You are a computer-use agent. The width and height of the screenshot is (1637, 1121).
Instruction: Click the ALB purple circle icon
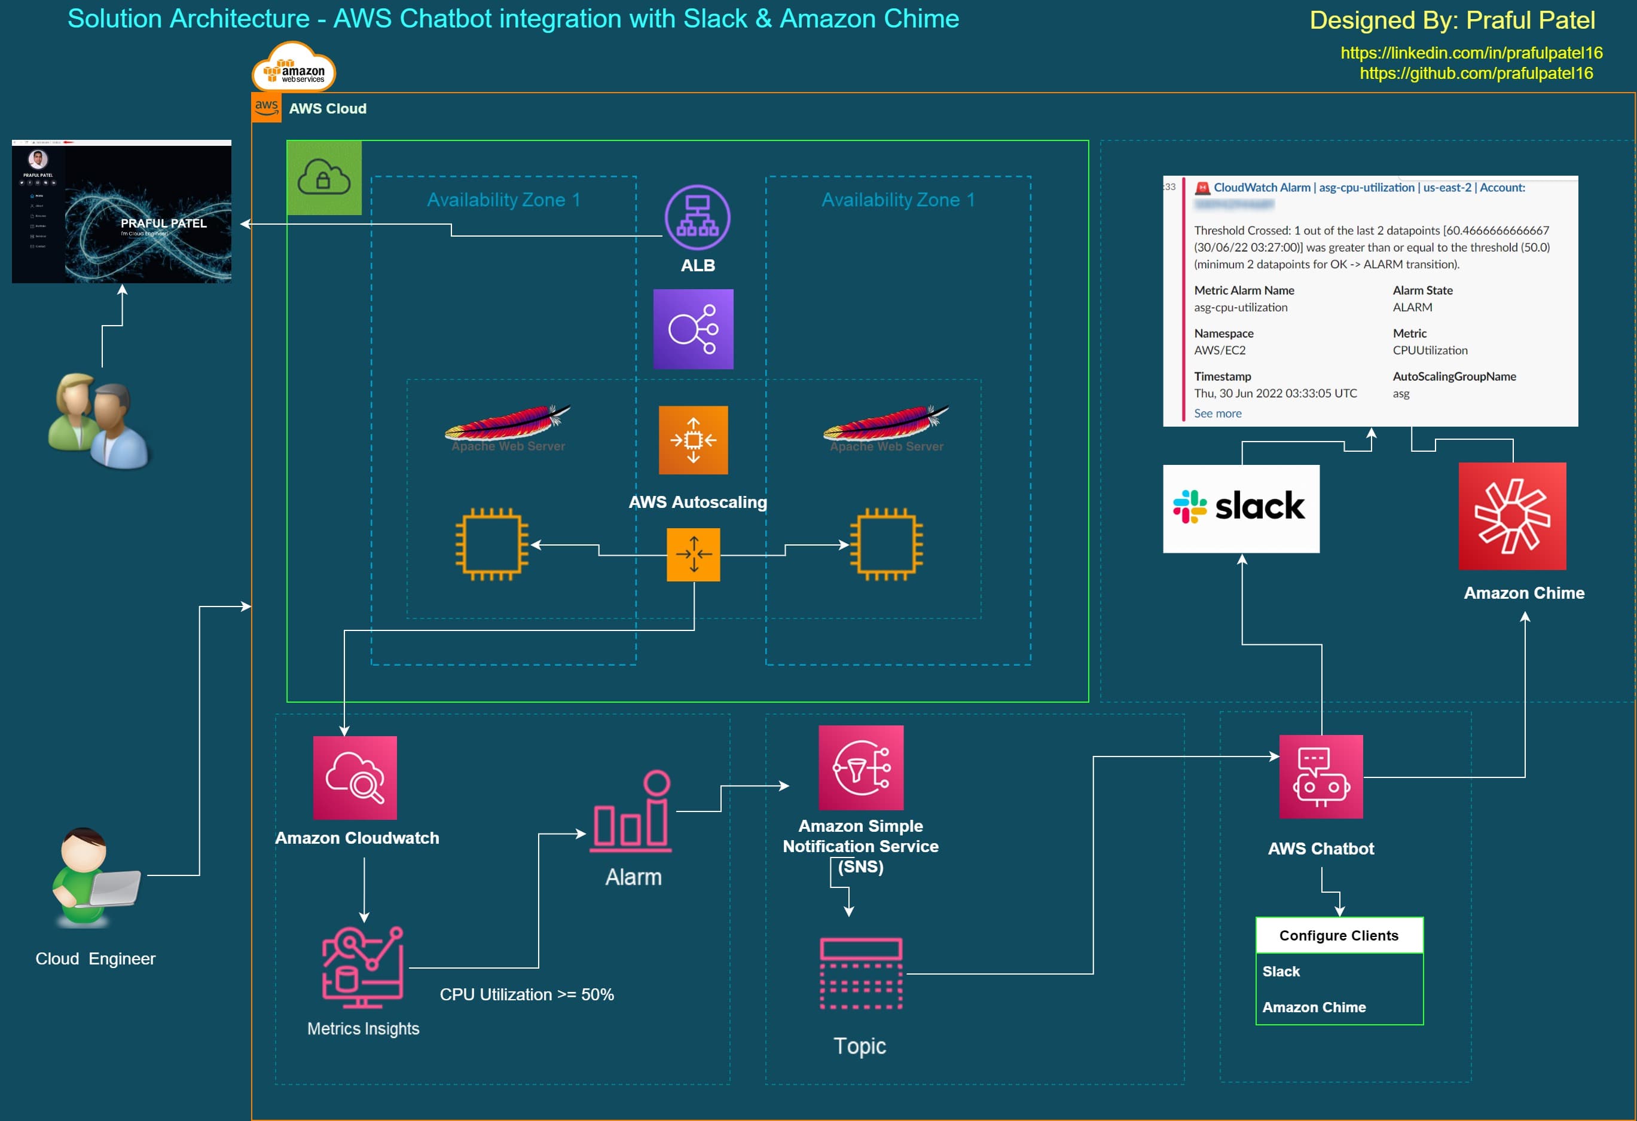point(697,218)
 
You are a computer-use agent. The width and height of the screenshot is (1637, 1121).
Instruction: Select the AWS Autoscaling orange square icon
point(693,440)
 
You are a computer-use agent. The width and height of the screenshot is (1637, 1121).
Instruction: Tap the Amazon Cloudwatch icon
point(355,777)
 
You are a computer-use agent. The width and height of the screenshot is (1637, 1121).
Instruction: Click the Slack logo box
point(1241,509)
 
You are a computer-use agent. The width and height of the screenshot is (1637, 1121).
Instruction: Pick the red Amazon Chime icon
point(1512,516)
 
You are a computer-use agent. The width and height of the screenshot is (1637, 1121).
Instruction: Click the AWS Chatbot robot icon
point(1321,777)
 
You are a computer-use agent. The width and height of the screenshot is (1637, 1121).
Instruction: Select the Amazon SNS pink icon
point(861,767)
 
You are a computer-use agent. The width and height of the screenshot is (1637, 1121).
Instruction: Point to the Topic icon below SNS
point(861,974)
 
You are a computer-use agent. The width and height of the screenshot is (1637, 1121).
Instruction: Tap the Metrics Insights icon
point(363,967)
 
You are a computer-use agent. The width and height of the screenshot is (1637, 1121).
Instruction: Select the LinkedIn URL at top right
point(1471,53)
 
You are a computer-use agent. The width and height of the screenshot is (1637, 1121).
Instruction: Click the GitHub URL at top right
point(1476,73)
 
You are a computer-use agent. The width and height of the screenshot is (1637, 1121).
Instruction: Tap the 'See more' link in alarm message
point(1217,414)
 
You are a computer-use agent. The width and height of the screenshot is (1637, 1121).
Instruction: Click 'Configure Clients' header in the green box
point(1338,935)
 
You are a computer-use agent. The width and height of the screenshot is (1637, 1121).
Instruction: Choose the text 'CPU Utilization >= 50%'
point(527,994)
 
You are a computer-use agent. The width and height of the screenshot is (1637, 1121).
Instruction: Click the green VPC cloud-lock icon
point(324,177)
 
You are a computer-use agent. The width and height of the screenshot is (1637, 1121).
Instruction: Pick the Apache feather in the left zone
point(508,422)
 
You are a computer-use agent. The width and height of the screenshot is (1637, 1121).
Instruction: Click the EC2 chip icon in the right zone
point(886,544)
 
